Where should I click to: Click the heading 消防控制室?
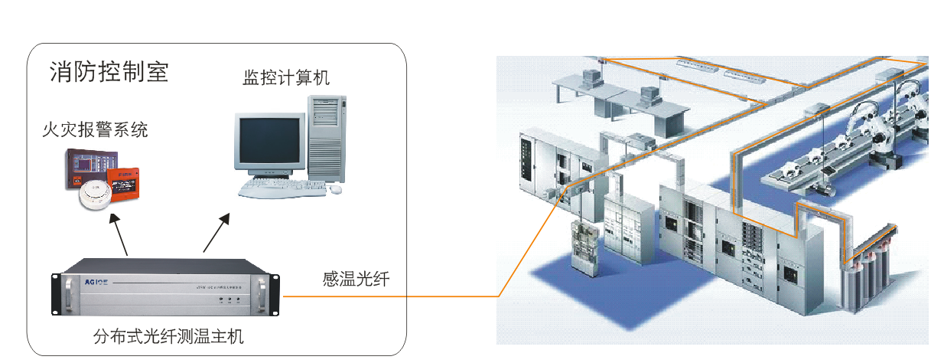109,72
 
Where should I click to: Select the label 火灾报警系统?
95,130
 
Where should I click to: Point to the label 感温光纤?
356,280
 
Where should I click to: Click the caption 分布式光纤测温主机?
168,337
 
